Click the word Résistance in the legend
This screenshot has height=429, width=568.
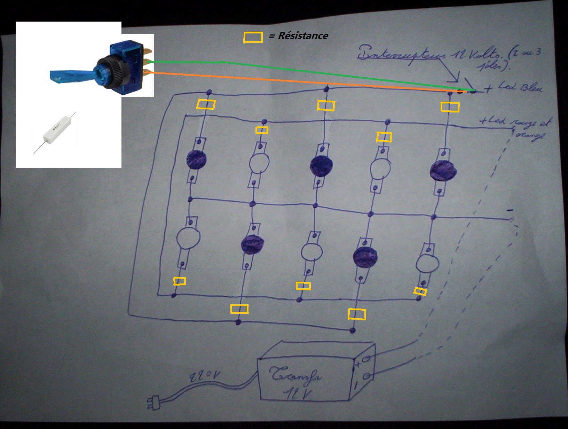[303, 36]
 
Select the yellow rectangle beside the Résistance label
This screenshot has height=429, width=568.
[253, 38]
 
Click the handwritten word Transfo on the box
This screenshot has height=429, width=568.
[296, 375]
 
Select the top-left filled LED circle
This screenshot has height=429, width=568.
[197, 159]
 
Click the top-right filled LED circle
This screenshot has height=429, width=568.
[443, 171]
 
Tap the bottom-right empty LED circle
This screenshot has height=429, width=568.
[427, 264]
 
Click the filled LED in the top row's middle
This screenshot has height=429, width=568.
[321, 166]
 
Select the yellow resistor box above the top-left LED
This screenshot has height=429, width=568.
[206, 104]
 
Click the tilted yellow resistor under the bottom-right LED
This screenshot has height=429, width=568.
[420, 291]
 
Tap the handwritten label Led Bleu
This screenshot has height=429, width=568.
[520, 86]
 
